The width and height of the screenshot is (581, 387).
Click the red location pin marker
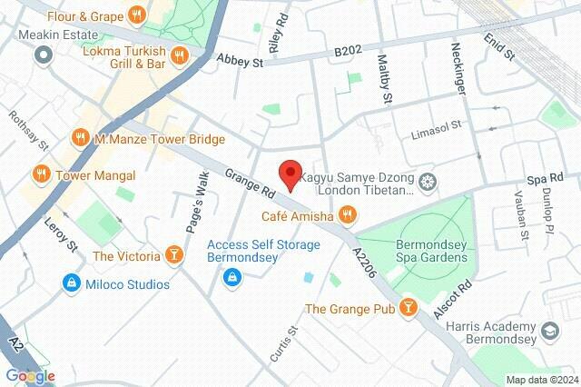290,174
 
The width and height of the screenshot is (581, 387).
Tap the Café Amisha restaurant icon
346,215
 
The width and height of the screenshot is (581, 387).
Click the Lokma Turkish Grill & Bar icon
180,54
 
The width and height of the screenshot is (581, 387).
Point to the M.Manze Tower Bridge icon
79,139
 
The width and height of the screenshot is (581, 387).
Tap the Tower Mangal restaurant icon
41,174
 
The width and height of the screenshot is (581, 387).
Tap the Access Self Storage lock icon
233,276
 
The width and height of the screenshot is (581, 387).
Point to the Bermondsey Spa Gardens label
431,252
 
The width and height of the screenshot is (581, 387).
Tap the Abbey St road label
240,60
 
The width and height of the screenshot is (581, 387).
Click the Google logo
30,375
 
